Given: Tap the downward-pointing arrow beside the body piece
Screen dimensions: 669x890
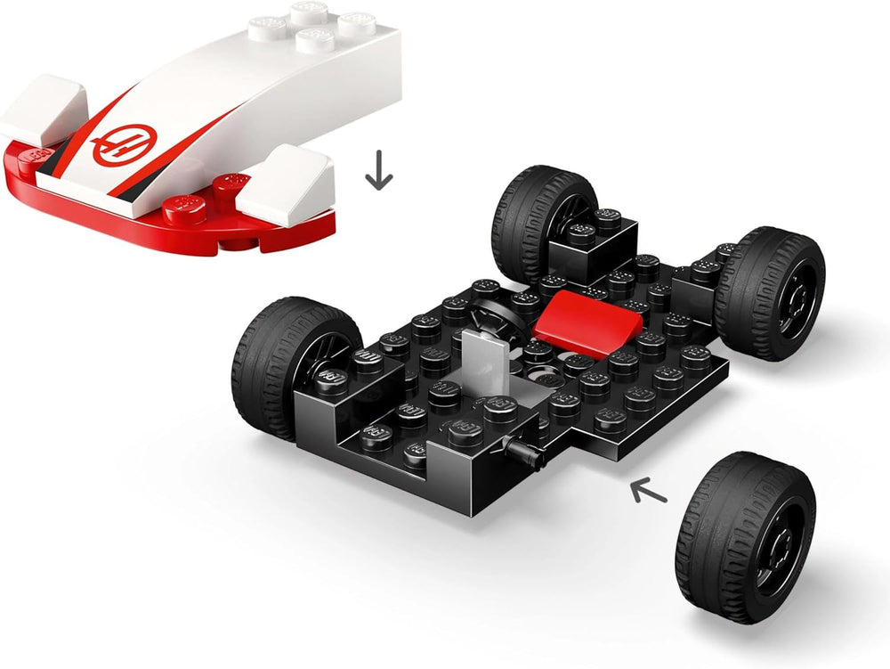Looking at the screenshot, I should [x=379, y=170].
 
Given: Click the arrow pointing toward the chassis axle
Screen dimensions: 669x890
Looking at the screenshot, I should [x=648, y=489].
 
